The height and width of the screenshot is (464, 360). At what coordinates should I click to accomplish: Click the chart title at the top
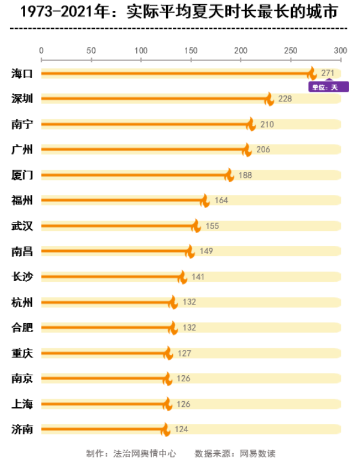[x=179, y=12]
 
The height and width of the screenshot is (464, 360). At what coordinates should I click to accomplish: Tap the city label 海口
[x=22, y=73]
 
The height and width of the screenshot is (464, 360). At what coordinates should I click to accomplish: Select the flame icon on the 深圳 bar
[x=269, y=99]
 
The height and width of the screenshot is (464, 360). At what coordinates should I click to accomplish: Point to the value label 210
[x=267, y=124]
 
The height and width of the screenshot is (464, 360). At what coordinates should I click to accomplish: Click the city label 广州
[x=22, y=149]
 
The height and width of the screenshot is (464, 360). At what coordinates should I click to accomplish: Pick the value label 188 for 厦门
[x=245, y=175]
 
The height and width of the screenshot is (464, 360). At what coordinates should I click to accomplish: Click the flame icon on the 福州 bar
[x=205, y=200]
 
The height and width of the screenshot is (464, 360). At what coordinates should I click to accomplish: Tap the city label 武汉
[x=22, y=226]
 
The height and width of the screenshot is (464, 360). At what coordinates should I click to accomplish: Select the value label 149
[x=206, y=251]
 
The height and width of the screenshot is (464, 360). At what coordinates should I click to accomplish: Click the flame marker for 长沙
[x=182, y=276]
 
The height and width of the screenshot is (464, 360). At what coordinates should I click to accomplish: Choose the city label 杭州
[x=22, y=302]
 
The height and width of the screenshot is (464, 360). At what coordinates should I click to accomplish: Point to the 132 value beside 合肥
[x=190, y=328]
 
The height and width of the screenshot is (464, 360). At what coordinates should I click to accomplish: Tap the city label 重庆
[x=22, y=353]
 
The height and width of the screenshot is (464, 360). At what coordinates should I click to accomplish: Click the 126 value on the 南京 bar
[x=184, y=379]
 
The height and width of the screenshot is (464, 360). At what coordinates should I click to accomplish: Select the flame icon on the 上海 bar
[x=167, y=403]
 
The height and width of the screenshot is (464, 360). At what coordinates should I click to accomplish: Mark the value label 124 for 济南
[x=182, y=429]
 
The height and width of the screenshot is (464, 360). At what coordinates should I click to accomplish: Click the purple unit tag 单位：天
[x=328, y=88]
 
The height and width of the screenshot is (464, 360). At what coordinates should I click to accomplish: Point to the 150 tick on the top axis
[x=191, y=50]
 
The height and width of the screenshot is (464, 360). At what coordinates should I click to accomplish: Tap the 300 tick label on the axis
[x=340, y=50]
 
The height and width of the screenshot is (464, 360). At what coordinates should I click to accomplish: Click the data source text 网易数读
[x=258, y=453]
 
